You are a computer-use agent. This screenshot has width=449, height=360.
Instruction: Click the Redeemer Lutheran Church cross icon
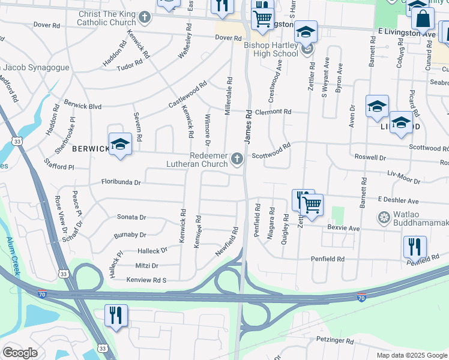coord(237,159)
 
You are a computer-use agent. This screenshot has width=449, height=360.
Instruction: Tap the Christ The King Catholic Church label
coord(106,18)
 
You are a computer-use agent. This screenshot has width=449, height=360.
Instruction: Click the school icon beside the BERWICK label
coord(120,144)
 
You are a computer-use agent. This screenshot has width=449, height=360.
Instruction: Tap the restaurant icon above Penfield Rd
coord(415,246)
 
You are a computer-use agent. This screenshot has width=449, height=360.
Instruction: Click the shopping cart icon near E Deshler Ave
coord(312,205)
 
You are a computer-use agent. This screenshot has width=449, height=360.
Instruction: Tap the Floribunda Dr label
coord(121,182)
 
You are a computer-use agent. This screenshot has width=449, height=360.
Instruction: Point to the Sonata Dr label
coord(131,217)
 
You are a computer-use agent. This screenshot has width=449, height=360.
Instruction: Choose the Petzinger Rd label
coord(333,341)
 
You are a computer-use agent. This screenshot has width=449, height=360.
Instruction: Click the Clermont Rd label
coord(273,112)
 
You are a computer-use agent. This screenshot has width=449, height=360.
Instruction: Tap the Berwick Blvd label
coord(83,105)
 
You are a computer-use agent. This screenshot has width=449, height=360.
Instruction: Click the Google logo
coord(20,353)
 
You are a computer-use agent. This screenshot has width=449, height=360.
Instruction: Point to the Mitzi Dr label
coord(146,265)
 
